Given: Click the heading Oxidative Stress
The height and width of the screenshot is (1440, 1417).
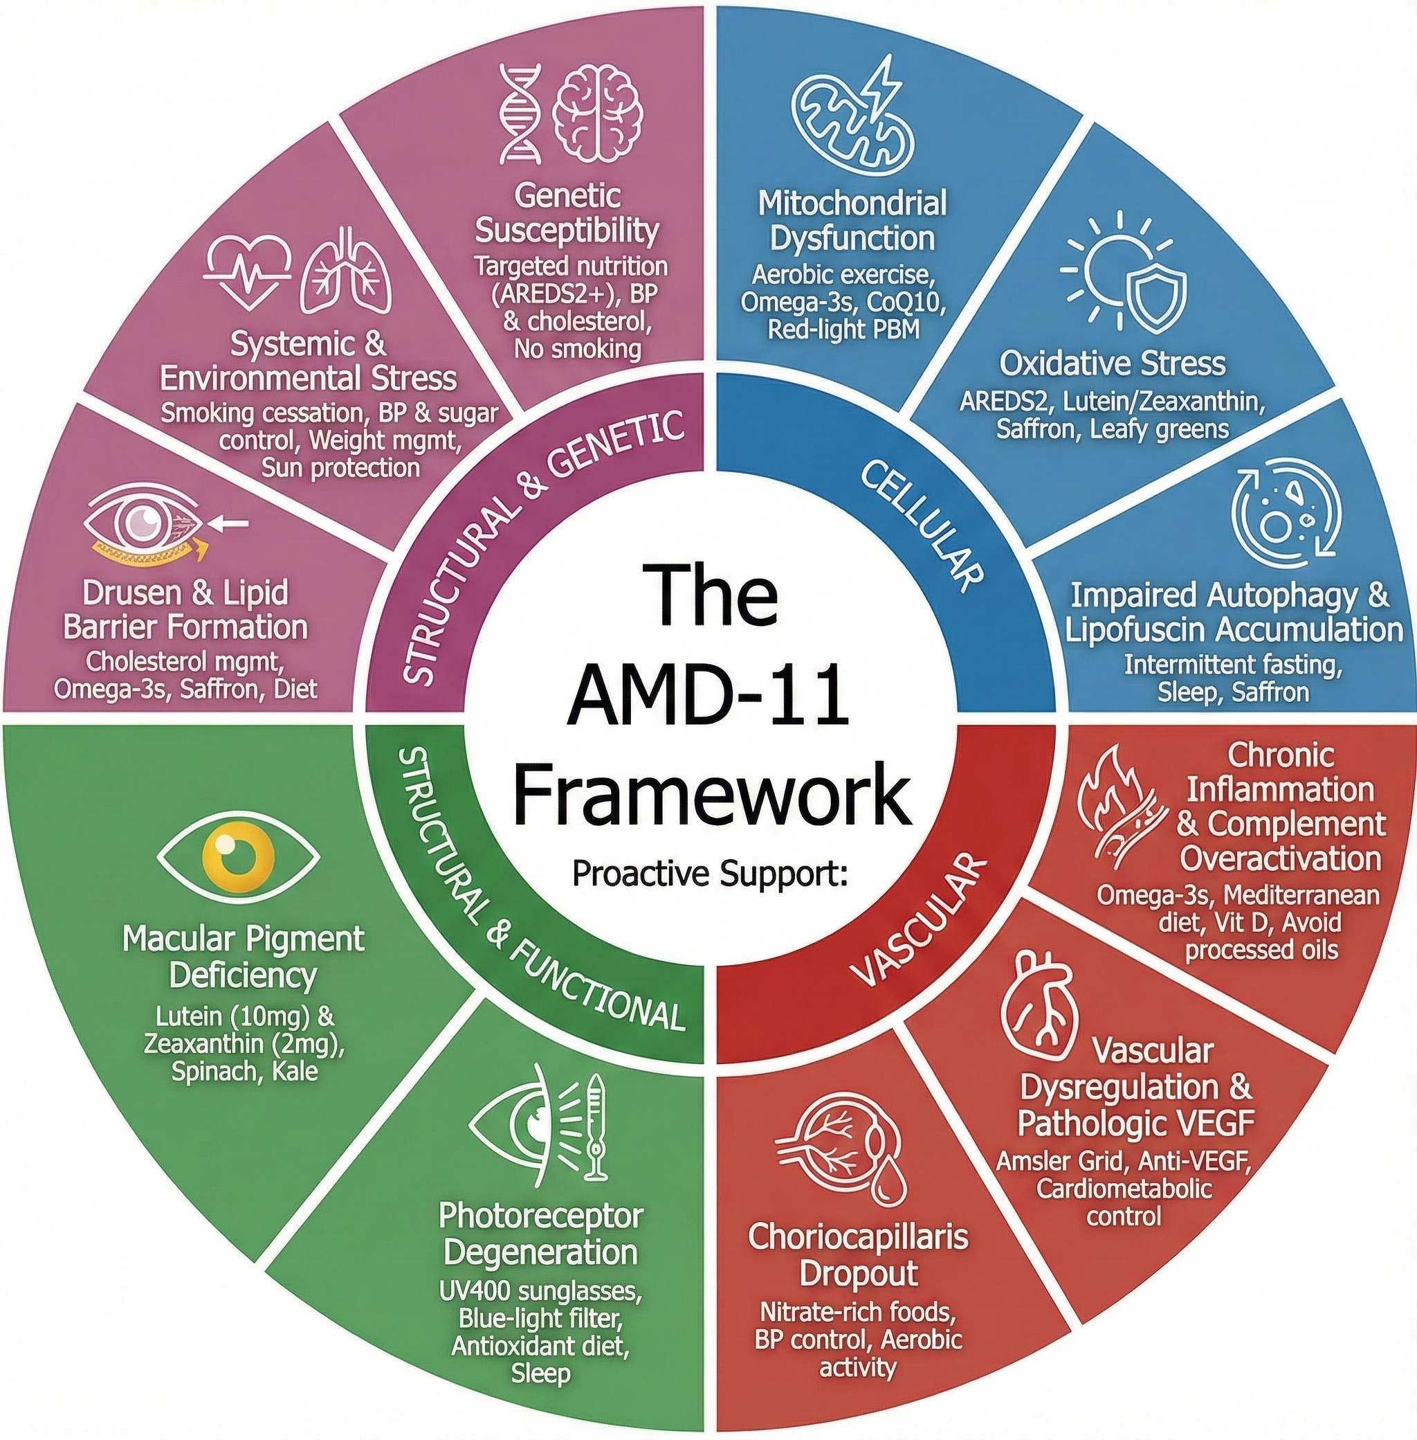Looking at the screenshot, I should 1112,363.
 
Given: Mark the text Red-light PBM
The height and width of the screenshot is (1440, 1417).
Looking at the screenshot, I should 843,328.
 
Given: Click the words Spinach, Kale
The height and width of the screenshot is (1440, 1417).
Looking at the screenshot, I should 245,1071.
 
